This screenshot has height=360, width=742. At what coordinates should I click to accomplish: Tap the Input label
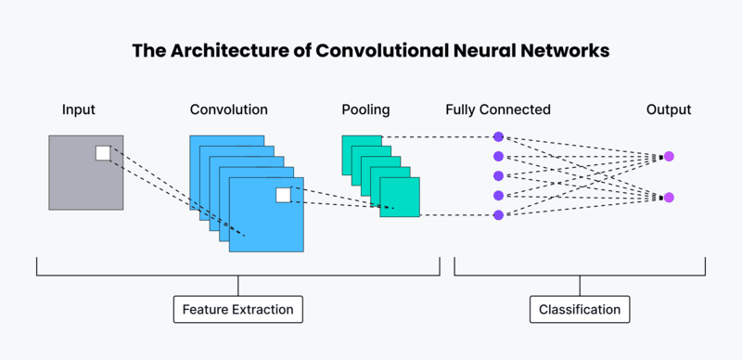79,109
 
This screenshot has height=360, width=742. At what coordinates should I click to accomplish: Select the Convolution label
229,109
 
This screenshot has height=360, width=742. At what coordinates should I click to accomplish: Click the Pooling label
365,109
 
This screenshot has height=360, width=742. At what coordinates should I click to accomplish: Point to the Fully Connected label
498,109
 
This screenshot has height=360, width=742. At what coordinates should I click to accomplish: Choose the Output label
669,109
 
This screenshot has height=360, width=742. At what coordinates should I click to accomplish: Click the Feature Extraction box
238,309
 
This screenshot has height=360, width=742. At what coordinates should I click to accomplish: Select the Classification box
580,309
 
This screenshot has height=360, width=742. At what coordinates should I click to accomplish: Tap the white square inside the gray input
103,153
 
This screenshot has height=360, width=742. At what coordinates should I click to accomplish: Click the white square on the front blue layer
283,195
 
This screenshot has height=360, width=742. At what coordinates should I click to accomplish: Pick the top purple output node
669,157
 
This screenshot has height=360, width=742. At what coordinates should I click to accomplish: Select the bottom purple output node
669,197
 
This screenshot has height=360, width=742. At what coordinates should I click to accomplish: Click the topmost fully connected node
498,136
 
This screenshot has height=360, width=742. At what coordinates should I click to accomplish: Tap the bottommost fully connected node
498,215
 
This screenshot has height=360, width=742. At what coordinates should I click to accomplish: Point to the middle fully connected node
498,175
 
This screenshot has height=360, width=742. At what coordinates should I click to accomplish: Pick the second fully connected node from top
498,156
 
